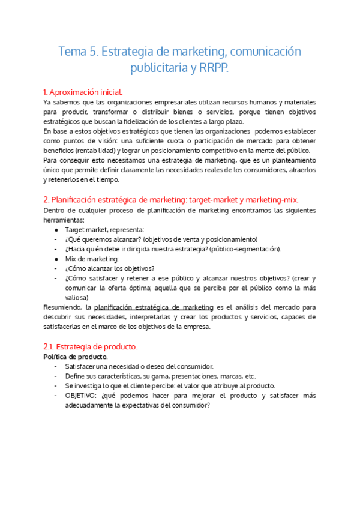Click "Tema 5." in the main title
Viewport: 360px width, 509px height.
pos(78,52)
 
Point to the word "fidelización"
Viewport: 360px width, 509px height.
pos(139,121)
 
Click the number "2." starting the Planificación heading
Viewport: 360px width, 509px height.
pos(46,199)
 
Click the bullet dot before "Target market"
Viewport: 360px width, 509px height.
pos(56,229)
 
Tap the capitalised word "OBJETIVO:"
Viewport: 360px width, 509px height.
pos(82,396)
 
